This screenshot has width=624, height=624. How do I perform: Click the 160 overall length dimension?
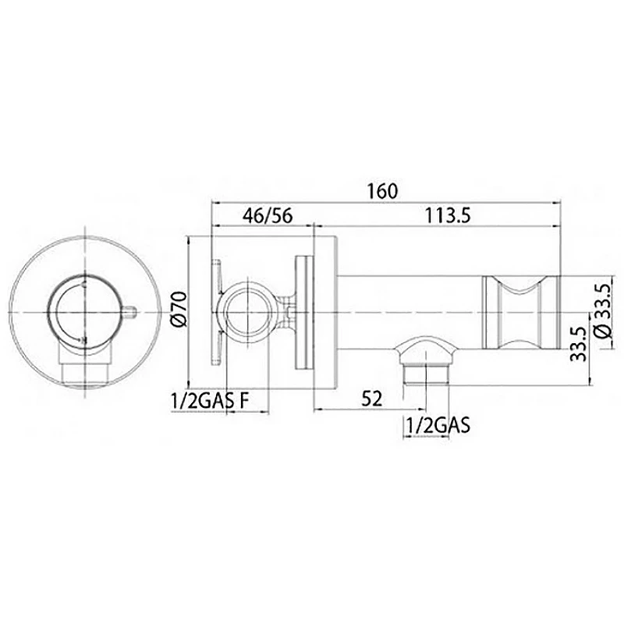coord(382,191)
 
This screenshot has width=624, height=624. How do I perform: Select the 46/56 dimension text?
coord(268,216)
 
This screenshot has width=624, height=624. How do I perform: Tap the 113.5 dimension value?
coord(448,216)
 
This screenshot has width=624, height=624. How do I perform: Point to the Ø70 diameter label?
coord(179,310)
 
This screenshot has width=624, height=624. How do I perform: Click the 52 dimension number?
coord(372,399)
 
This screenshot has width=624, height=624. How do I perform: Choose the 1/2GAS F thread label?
coord(210,401)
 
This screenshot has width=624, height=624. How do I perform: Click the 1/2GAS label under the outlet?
coord(438,425)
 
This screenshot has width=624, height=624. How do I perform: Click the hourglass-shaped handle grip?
coord(521,313)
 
